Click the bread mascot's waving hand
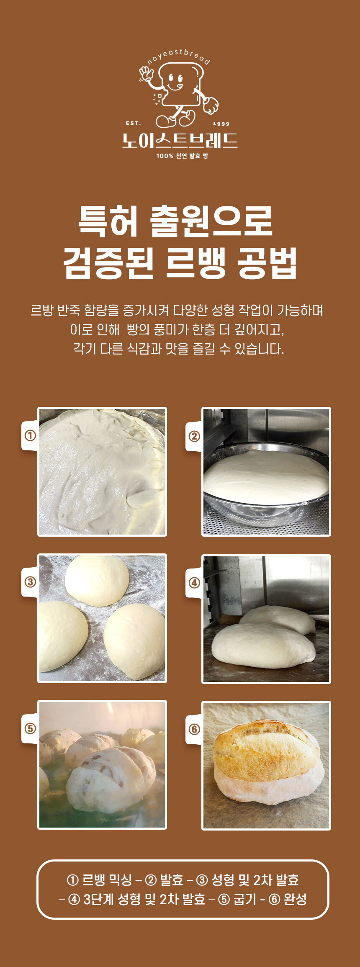(147, 75)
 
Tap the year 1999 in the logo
(221, 124)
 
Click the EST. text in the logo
(133, 123)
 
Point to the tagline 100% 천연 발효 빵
(182, 156)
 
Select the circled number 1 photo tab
(30, 436)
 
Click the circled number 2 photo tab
(194, 436)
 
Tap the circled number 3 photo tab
(30, 582)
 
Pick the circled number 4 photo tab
(194, 583)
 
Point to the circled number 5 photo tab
(30, 729)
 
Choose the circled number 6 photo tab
(194, 729)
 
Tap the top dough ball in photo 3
(97, 581)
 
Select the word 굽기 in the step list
(244, 899)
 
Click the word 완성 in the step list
(295, 899)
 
